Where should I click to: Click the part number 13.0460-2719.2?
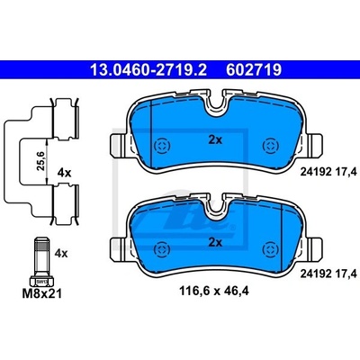[x=148, y=70]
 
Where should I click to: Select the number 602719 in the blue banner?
[x=254, y=70]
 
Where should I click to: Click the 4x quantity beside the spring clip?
[x=64, y=173]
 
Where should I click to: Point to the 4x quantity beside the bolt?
[x=61, y=254]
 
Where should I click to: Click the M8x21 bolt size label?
[x=42, y=293]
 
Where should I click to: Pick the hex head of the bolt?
[x=41, y=282]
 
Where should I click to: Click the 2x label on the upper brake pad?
[x=215, y=139]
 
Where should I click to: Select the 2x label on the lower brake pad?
[x=215, y=242]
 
